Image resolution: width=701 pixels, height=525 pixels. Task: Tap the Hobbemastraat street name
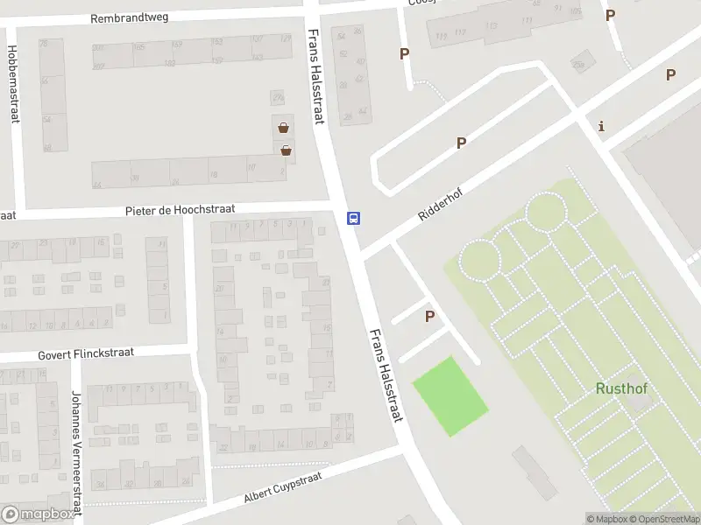[x=12, y=84]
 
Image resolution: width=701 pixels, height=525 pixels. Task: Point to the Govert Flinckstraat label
[x=85, y=354]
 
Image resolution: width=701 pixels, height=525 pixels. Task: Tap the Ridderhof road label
[x=440, y=200]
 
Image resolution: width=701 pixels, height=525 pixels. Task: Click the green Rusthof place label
[x=621, y=388]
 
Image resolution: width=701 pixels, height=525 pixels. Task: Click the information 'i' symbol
[x=601, y=126]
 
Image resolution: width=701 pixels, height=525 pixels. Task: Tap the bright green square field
[x=450, y=396]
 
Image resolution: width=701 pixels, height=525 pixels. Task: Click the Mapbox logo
[x=38, y=514]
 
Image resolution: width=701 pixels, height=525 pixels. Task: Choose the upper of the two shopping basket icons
[x=283, y=128]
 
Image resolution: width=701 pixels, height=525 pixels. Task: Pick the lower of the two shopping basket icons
[x=286, y=150]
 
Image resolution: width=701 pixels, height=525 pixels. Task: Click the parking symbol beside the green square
[x=429, y=316]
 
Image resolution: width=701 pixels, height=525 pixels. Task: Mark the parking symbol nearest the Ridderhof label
[x=461, y=143]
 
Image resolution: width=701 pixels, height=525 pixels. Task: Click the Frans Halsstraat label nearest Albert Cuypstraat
[x=386, y=375]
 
